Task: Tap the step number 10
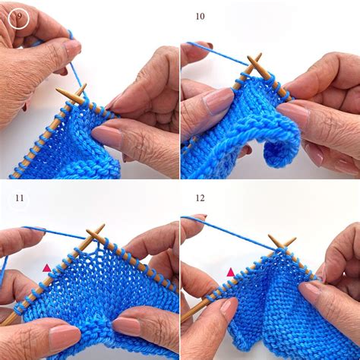(200, 16)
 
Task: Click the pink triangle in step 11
(46, 267)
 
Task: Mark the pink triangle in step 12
(230, 271)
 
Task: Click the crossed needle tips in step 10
(254, 65)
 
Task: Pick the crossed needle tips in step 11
(94, 233)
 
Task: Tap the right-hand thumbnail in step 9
(106, 137)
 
